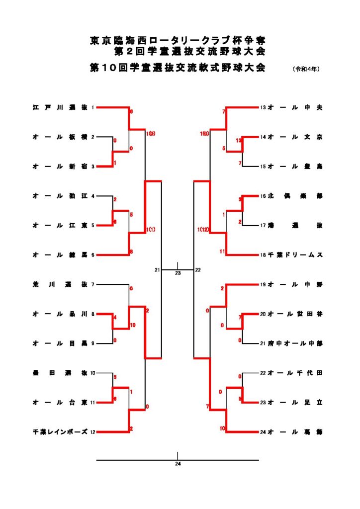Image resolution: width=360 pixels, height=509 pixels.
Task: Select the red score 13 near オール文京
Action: tap(239, 141)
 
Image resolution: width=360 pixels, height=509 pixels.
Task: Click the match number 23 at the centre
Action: tap(178, 273)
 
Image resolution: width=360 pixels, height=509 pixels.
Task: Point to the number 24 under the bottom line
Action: tap(178, 464)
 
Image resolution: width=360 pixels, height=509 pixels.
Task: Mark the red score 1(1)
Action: tap(152, 230)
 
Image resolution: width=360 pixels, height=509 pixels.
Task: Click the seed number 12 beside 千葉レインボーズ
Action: tap(93, 432)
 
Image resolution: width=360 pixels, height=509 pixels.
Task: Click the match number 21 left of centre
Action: tap(157, 270)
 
